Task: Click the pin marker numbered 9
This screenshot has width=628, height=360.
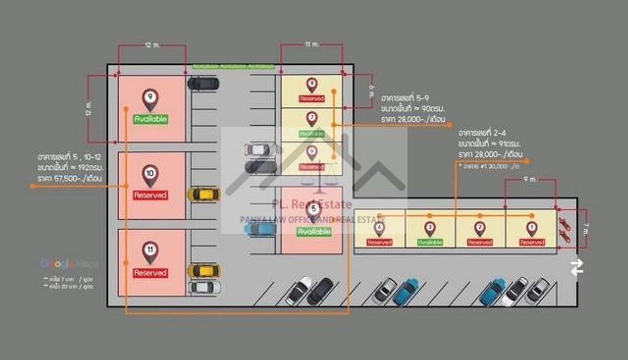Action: tap(150, 98)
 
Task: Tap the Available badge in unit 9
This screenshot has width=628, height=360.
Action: tap(150, 119)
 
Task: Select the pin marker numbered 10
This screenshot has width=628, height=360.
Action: tap(150, 174)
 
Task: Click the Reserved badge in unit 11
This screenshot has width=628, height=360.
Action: tap(150, 273)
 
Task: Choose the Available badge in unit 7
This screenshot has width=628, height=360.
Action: tap(312, 134)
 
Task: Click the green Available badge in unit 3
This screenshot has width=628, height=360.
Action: tap(430, 242)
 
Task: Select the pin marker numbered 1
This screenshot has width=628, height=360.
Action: tap(532, 229)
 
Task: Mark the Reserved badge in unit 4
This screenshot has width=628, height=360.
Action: tap(379, 242)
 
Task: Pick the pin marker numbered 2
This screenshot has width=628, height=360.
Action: tap(480, 229)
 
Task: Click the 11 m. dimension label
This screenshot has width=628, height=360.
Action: tap(312, 45)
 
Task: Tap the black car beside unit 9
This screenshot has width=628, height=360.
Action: tap(203, 83)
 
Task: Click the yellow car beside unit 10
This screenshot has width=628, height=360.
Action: tap(204, 194)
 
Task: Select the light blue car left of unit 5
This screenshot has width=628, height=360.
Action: tap(260, 229)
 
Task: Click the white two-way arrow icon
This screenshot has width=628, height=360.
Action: tap(577, 268)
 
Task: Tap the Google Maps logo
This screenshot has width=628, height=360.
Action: tap(69, 263)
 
